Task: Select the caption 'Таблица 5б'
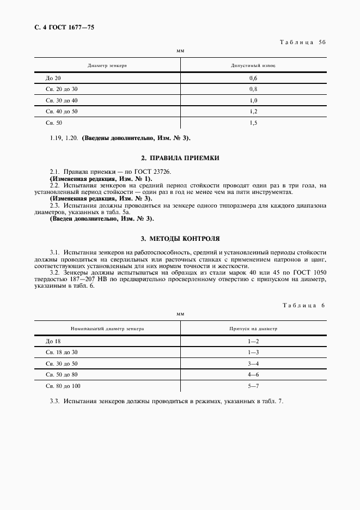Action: pos(302,41)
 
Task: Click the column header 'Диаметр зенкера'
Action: pos(107,65)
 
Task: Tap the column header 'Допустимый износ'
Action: pos(253,65)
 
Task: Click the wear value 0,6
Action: pos(253,78)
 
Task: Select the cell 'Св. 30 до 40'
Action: pos(62,101)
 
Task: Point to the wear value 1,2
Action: pos(253,112)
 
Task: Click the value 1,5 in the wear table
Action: pos(253,123)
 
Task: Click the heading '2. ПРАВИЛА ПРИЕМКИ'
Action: pos(180,157)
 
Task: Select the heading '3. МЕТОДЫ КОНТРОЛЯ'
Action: pos(180,239)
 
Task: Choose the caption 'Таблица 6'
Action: pos(304,306)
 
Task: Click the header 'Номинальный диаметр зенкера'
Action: pos(107,329)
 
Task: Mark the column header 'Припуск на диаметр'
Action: pos(253,329)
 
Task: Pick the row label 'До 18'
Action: pos(53,341)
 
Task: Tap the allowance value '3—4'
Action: pos(253,363)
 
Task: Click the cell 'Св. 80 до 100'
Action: pos(63,386)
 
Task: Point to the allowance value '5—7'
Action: pos(253,386)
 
